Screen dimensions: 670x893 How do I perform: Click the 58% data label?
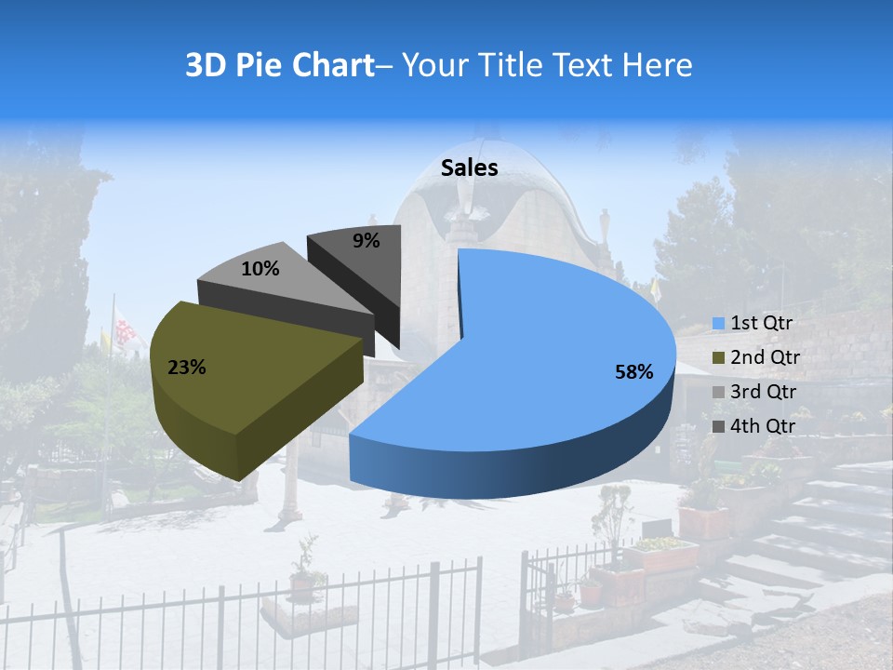pos(633,372)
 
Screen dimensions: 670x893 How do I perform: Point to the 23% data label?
pos(186,368)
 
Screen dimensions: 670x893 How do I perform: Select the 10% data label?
pos(260,269)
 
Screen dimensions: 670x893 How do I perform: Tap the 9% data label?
pos(367,241)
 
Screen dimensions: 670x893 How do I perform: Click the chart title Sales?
pos(469,167)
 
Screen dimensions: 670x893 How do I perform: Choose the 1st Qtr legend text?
pos(761,323)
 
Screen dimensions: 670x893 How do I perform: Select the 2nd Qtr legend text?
pos(765,357)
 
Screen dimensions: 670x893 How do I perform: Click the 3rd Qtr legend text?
pos(764,392)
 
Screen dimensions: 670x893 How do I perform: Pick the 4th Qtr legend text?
pos(764,426)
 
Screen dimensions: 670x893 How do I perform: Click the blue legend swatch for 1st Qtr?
pos(718,324)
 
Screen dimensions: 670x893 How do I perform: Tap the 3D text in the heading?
pos(205,65)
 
